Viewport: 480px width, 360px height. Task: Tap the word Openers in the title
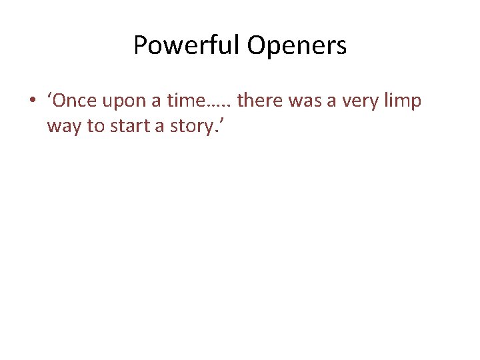pyautogui.click(x=297, y=46)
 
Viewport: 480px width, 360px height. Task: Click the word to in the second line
pyautogui.click(x=95, y=126)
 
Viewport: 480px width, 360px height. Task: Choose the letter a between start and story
pyautogui.click(x=160, y=127)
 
